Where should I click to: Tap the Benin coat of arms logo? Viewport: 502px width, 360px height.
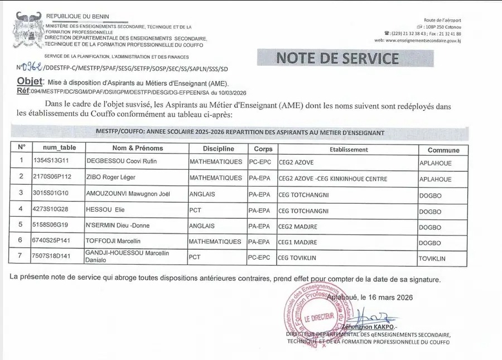point(26,31)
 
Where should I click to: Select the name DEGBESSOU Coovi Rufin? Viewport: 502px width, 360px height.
point(122,162)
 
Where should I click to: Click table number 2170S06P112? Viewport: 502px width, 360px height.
point(53,178)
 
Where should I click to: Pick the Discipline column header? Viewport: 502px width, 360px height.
point(218,149)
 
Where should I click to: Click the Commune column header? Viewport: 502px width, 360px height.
point(443,150)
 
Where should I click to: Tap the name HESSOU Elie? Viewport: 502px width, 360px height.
point(104,211)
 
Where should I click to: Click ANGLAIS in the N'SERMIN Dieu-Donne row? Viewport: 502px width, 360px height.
point(202,226)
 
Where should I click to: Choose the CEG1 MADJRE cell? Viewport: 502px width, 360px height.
point(298,242)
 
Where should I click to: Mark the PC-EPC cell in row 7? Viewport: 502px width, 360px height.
point(259,258)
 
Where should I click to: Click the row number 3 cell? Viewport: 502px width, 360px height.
point(21,193)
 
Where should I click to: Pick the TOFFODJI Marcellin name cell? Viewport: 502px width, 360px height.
point(113,242)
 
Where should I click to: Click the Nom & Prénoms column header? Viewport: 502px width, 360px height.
point(138,148)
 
